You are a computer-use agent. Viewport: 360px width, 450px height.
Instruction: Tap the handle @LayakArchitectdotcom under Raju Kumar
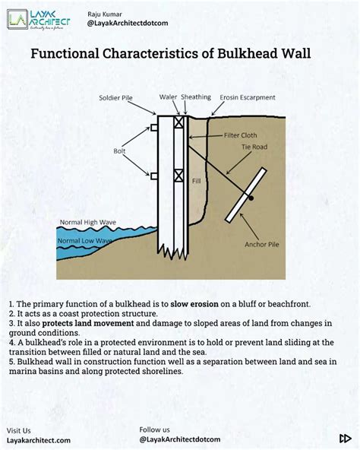(x=128, y=24)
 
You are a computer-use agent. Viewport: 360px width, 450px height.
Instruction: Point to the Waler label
(x=169, y=97)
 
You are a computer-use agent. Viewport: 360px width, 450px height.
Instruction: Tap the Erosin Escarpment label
(x=248, y=98)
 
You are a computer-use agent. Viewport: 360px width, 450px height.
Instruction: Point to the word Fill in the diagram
(x=196, y=181)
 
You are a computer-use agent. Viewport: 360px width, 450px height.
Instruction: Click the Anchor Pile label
(x=262, y=245)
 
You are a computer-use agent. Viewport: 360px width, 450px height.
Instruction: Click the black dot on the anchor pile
(x=251, y=198)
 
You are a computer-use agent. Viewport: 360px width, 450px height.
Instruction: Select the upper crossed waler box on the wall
(x=178, y=121)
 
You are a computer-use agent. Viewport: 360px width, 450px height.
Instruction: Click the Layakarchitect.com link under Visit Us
(x=39, y=440)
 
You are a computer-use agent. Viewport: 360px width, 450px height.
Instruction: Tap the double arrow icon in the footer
(x=344, y=438)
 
